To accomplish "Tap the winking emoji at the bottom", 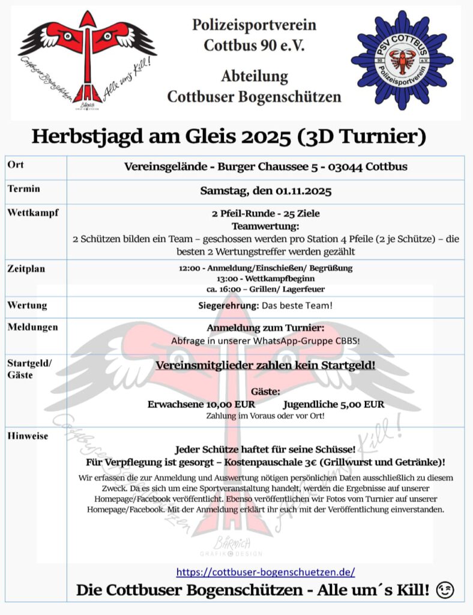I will [x=445, y=590].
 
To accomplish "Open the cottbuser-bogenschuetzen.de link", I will [x=265, y=571].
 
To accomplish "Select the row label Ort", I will [x=16, y=165].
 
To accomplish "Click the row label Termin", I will [x=24, y=189].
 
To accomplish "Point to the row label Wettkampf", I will [x=33, y=213].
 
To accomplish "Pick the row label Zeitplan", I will [x=26, y=269].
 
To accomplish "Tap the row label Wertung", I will [x=27, y=305].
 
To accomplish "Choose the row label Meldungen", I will [x=33, y=327].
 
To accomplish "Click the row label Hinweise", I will [x=28, y=436].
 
